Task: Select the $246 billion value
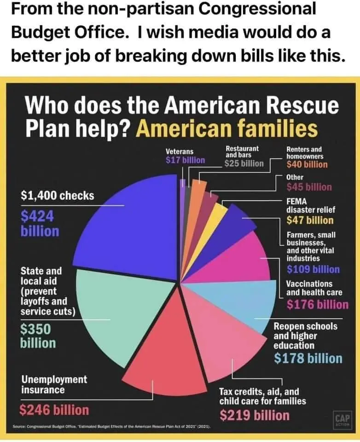tap(54, 410)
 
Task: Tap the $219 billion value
tap(255, 415)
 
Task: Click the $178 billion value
tap(308, 358)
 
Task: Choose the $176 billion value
tap(317, 304)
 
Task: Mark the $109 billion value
tap(313, 269)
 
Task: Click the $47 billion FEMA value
tap(310, 220)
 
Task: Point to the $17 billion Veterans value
tap(185, 160)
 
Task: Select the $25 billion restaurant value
tap(244, 163)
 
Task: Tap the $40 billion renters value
tap(307, 164)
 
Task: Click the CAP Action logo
tap(342, 419)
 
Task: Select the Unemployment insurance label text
tap(54, 384)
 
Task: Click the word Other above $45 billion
tap(295, 177)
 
